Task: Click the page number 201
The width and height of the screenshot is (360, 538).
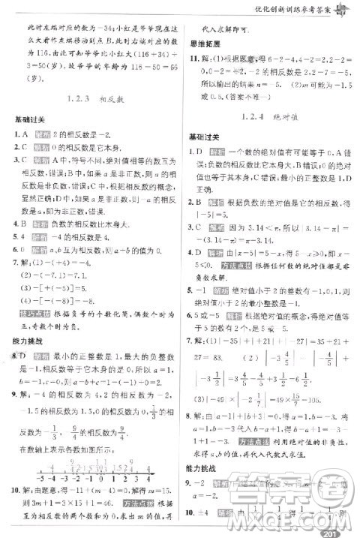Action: tap(327, 528)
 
